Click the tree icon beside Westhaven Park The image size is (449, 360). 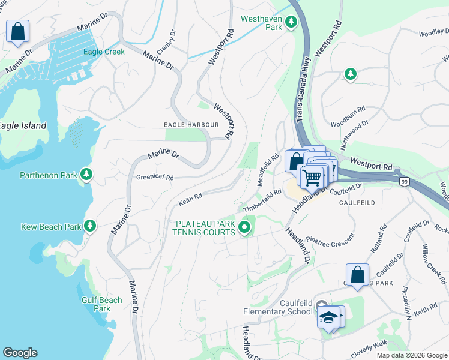[x=291, y=23]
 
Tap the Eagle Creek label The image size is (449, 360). [x=105, y=52]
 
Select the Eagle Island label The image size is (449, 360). [x=22, y=126]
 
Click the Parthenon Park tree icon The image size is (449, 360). [x=88, y=175]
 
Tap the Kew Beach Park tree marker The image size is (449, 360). [x=90, y=226]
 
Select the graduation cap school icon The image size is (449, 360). [x=328, y=317]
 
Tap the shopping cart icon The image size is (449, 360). [x=312, y=177]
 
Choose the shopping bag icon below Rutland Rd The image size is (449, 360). [x=358, y=275]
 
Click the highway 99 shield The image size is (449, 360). [x=405, y=181]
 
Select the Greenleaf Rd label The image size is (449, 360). [x=154, y=178]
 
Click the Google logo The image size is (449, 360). [x=20, y=353]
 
